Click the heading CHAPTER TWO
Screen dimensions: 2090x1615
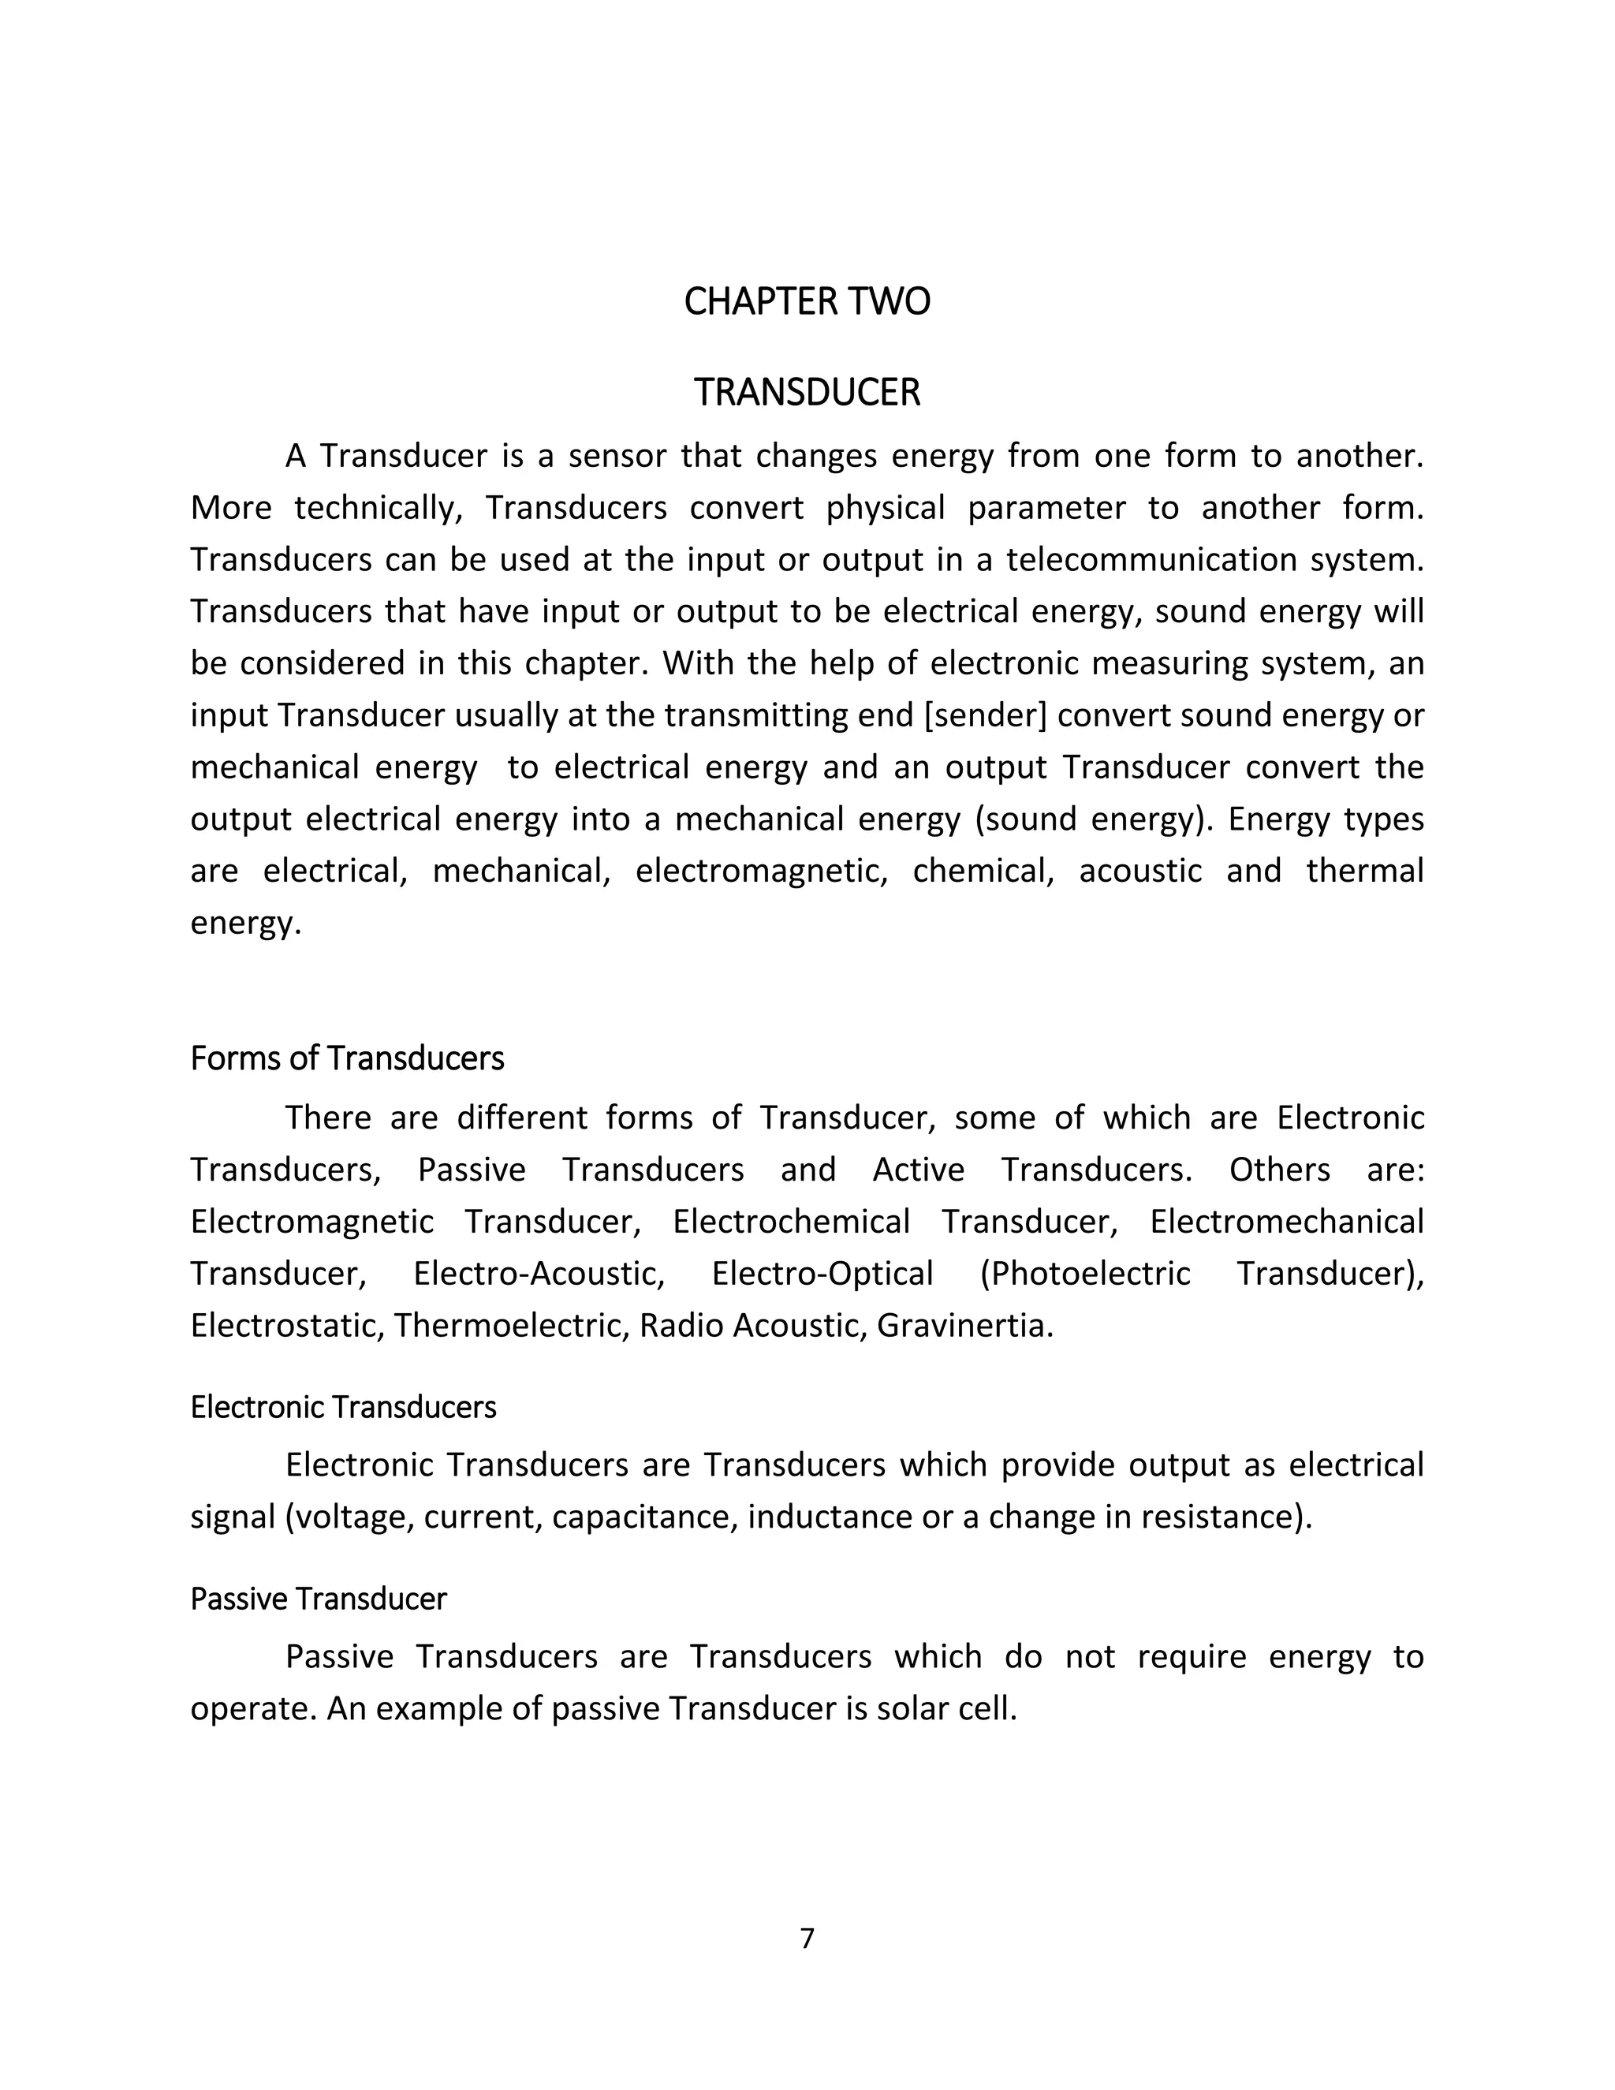point(807,301)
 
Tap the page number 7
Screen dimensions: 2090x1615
point(807,1938)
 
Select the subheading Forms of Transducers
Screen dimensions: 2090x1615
point(347,1058)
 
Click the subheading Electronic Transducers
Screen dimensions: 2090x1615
point(344,1407)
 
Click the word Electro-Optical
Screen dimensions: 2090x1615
point(822,1274)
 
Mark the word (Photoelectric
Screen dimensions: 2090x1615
point(1085,1274)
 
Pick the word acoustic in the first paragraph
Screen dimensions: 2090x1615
point(1140,871)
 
